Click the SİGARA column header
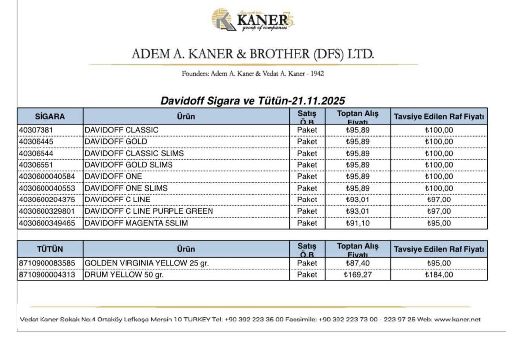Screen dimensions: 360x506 (x=50, y=117)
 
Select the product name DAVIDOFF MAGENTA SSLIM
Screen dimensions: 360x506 (x=136, y=223)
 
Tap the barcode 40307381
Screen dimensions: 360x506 (x=36, y=130)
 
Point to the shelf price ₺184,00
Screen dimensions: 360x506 (x=439, y=275)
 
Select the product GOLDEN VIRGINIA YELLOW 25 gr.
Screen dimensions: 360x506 (x=147, y=263)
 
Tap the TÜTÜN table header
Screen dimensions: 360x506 (x=50, y=249)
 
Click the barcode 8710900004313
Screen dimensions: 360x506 (x=47, y=275)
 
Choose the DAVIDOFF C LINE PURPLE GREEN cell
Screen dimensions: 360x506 (x=149, y=211)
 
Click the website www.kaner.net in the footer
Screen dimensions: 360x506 (x=457, y=320)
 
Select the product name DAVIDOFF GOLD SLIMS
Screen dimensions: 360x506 (x=129, y=165)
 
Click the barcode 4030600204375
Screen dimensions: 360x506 (x=47, y=200)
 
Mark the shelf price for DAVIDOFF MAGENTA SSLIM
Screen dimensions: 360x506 (x=439, y=223)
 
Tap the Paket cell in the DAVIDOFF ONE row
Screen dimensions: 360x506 (x=307, y=176)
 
